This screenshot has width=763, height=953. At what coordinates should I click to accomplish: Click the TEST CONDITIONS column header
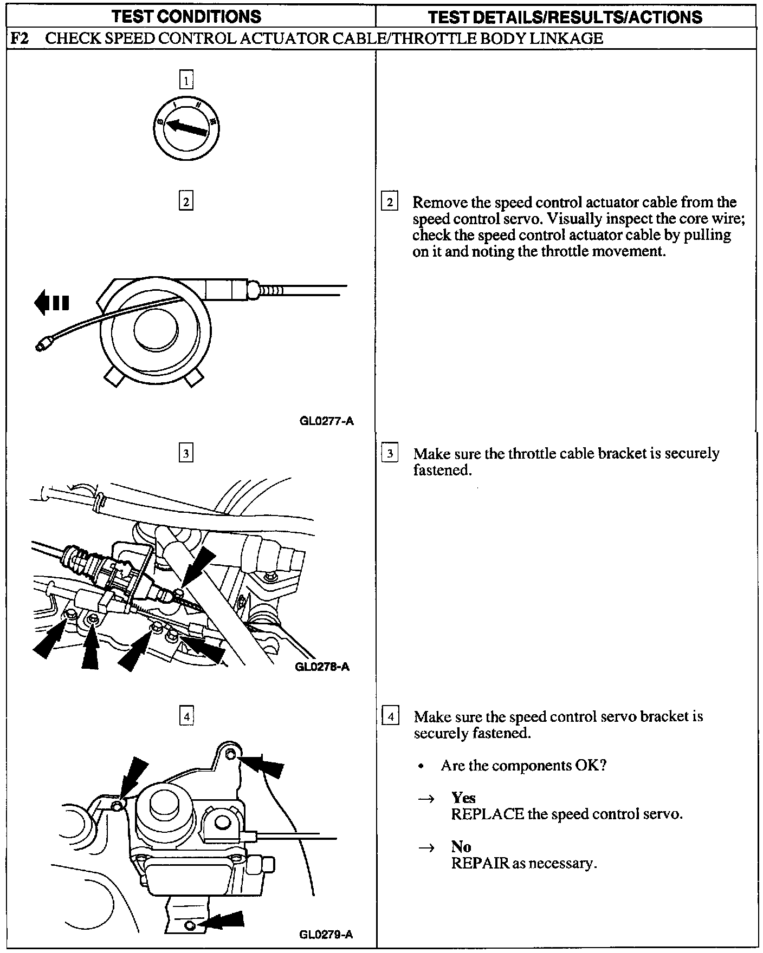pyautogui.click(x=186, y=17)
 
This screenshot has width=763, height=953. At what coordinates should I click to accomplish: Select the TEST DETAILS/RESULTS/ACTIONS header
pyautogui.click(x=565, y=17)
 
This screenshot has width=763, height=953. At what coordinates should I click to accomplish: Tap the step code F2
pyautogui.click(x=20, y=38)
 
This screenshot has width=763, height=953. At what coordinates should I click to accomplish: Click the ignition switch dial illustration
pyautogui.click(x=186, y=128)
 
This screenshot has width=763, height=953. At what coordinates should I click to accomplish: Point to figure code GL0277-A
pyautogui.click(x=326, y=421)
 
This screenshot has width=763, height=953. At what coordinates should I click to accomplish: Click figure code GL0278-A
pyautogui.click(x=322, y=667)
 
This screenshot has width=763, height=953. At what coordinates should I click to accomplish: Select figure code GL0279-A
pyautogui.click(x=326, y=934)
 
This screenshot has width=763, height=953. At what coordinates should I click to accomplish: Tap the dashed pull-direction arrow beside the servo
pyautogui.click(x=51, y=302)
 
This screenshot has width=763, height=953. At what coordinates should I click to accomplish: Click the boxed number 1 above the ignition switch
pyautogui.click(x=186, y=81)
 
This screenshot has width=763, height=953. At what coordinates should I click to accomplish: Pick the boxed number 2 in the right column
pyautogui.click(x=390, y=201)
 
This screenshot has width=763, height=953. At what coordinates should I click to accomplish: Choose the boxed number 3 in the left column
pyautogui.click(x=186, y=453)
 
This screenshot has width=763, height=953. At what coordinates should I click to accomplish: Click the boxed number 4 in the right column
pyautogui.click(x=391, y=717)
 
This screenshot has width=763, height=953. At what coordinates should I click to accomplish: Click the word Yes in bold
pyautogui.click(x=463, y=798)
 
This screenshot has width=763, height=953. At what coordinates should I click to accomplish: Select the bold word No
pyautogui.click(x=461, y=846)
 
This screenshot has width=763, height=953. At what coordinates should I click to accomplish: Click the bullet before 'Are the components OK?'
pyautogui.click(x=421, y=767)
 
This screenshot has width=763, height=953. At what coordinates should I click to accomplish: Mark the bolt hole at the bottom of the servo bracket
pyautogui.click(x=189, y=925)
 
